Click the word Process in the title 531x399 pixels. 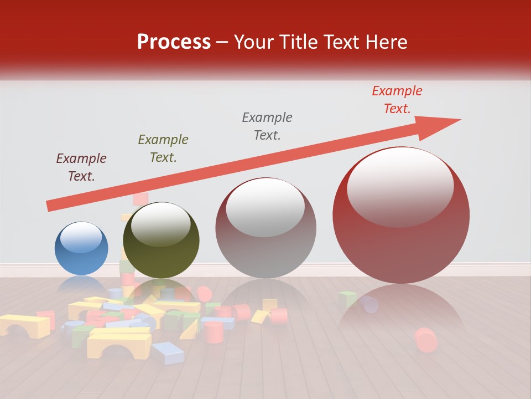pyautogui.click(x=174, y=42)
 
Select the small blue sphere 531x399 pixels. pyautogui.click(x=81, y=248)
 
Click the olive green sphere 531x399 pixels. pyautogui.click(x=161, y=241)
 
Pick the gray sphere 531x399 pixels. pyautogui.click(x=265, y=228)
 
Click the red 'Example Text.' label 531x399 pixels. pyautogui.click(x=397, y=100)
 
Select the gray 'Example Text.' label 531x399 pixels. pyautogui.click(x=267, y=126)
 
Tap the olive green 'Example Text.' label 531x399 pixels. pyautogui.click(x=163, y=149)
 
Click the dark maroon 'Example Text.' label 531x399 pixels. pyautogui.click(x=81, y=167)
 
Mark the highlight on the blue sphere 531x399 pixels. pyautogui.click(x=81, y=238)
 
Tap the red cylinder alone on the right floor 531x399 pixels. pyautogui.click(x=425, y=340)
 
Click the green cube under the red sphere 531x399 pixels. pyautogui.click(x=347, y=299)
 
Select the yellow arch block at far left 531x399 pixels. pyautogui.click(x=25, y=326)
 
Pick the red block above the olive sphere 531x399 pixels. pyautogui.click(x=140, y=198)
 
